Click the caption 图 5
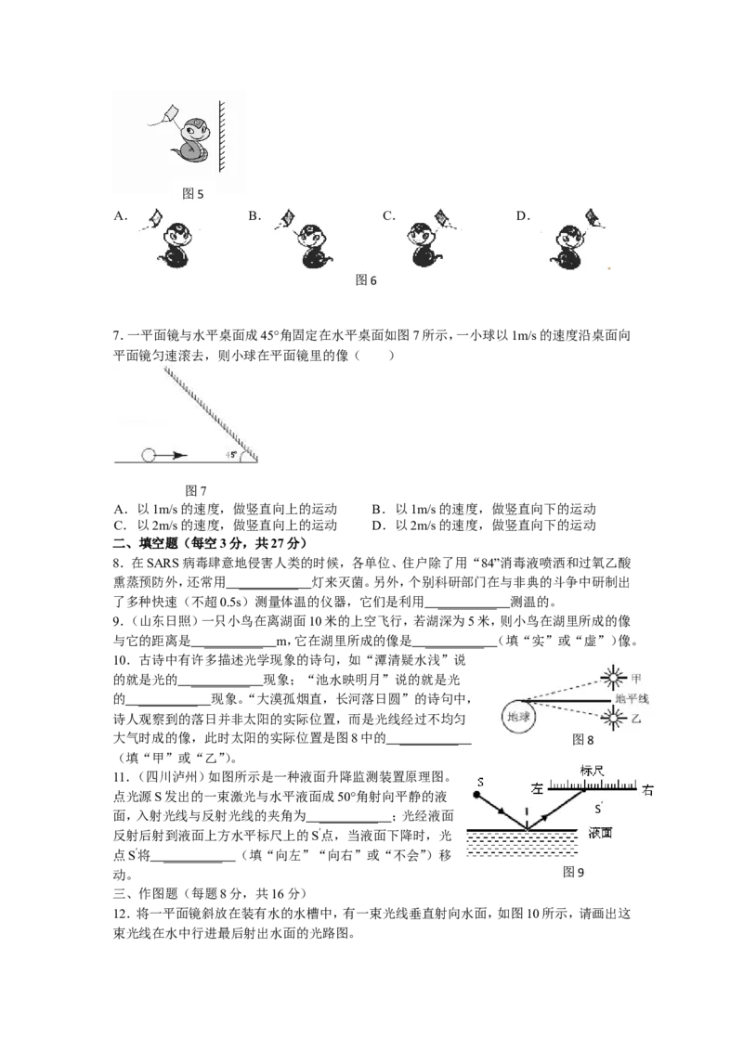(192, 194)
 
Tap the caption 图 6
(366, 280)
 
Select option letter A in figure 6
(121, 215)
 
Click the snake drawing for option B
(315, 246)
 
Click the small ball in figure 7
(149, 456)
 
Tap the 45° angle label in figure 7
(231, 455)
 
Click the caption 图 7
(195, 490)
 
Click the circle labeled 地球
(518, 717)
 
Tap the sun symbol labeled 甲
(612, 680)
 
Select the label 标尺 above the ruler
(593, 771)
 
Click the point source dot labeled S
(476, 795)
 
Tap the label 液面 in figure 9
(600, 834)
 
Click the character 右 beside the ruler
(647, 790)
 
